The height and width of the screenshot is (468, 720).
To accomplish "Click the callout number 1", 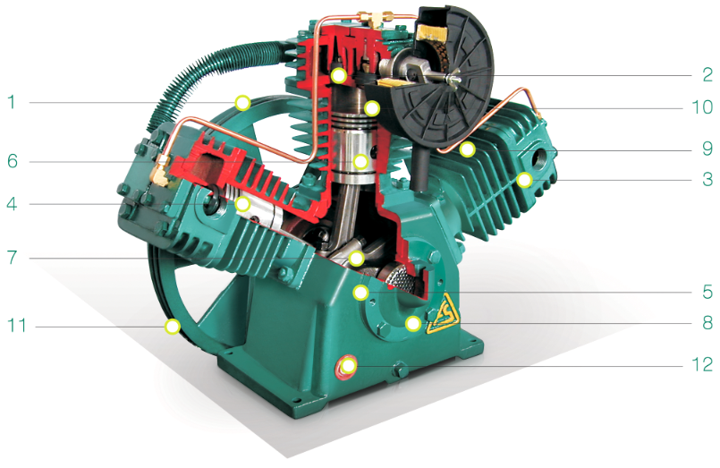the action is click(x=11, y=101).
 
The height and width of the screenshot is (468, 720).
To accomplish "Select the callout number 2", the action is click(x=707, y=74).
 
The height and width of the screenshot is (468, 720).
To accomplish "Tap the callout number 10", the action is click(x=702, y=107).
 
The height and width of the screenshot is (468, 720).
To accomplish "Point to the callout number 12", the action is click(x=702, y=364).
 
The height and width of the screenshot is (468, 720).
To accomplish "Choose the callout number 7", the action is click(x=12, y=257).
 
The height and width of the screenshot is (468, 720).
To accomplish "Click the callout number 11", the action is click(x=16, y=326).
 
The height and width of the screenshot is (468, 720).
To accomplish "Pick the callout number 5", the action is click(x=707, y=292).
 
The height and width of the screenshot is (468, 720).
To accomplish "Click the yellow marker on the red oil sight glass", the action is click(x=348, y=366).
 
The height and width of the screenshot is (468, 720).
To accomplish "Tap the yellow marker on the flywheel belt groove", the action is click(x=173, y=327).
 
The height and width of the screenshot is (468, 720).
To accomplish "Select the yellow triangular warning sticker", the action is click(x=443, y=316).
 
